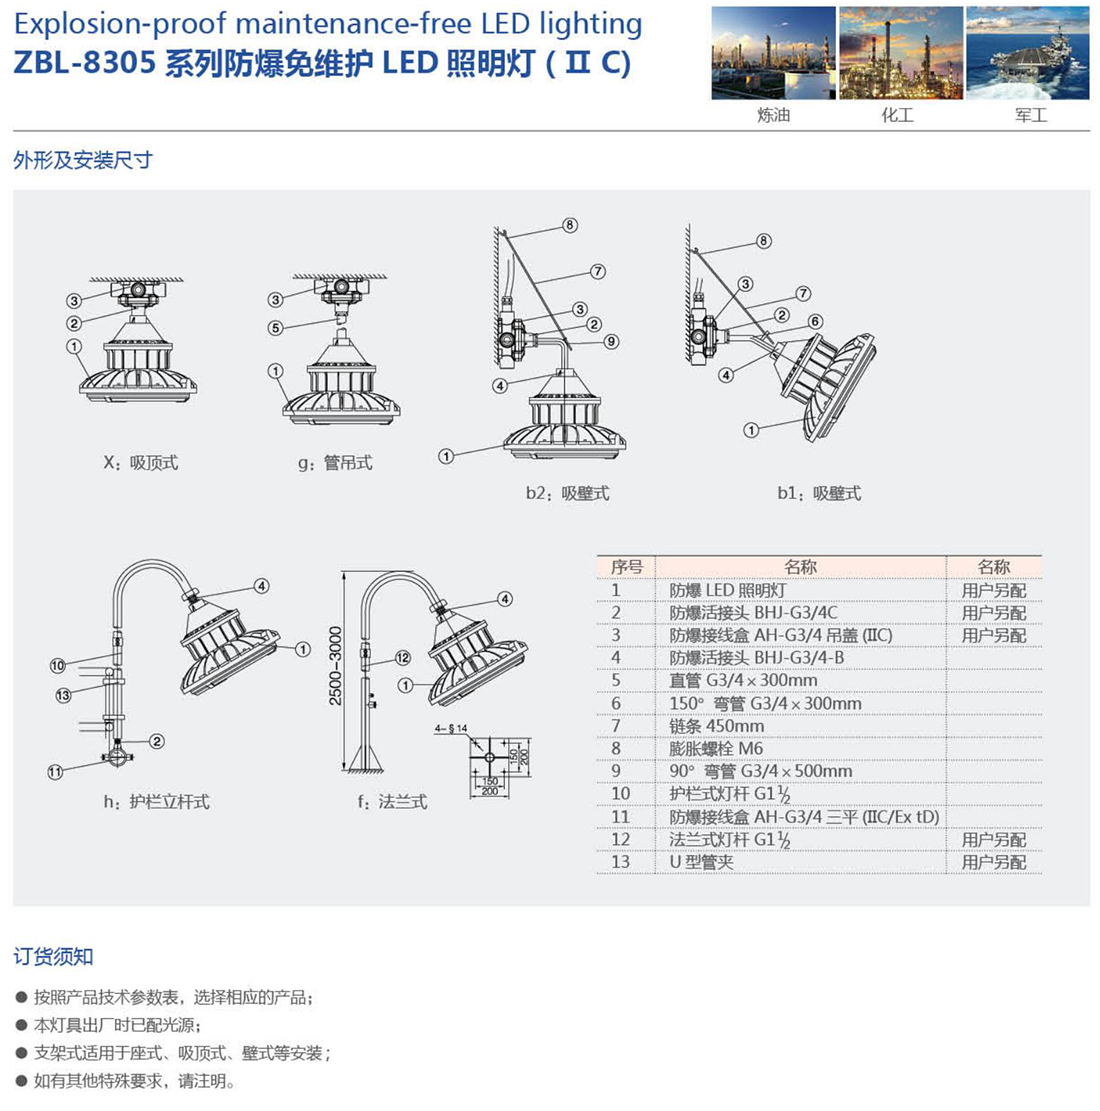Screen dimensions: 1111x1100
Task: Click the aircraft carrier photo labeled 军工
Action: [x=1027, y=53]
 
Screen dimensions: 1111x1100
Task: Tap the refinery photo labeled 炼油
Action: [x=773, y=53]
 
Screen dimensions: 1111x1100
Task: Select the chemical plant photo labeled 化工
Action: [x=900, y=53]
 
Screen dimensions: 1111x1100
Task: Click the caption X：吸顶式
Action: [x=141, y=463]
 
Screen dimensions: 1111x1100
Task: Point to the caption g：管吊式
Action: [x=335, y=463]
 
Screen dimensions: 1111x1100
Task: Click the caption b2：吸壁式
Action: [x=567, y=493]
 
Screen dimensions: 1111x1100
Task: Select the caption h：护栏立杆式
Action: [x=156, y=802]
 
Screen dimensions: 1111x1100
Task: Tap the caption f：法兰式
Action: [x=392, y=802]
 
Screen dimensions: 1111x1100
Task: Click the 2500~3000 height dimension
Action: [x=336, y=666]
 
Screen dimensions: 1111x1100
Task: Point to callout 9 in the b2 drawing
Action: [x=611, y=341]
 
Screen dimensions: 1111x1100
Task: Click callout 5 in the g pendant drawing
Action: [x=276, y=327]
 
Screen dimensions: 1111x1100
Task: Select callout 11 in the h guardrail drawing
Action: [x=55, y=771]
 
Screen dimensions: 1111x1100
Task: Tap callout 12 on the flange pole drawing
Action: [x=402, y=658]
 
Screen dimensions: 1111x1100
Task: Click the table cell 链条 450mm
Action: [x=716, y=726]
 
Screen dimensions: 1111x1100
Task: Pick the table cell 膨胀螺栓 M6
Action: [x=716, y=748]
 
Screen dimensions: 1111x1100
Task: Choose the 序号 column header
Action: [x=626, y=567]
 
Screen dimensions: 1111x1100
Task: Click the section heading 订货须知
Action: [x=53, y=956]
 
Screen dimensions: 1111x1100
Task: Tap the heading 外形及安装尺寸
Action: [x=83, y=160]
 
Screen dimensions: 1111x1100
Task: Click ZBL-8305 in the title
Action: [x=84, y=63]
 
